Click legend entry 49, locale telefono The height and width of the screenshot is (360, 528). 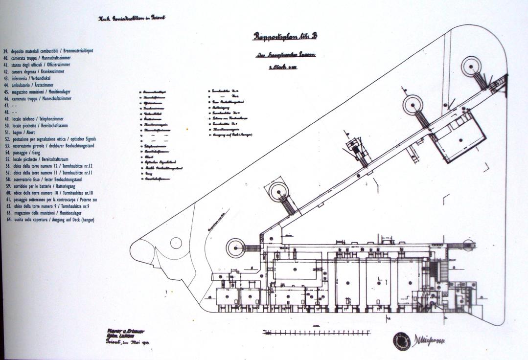click(x=42, y=119)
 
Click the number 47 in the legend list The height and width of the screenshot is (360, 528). click(x=6, y=105)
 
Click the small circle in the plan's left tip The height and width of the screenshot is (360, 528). click(x=176, y=243)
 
